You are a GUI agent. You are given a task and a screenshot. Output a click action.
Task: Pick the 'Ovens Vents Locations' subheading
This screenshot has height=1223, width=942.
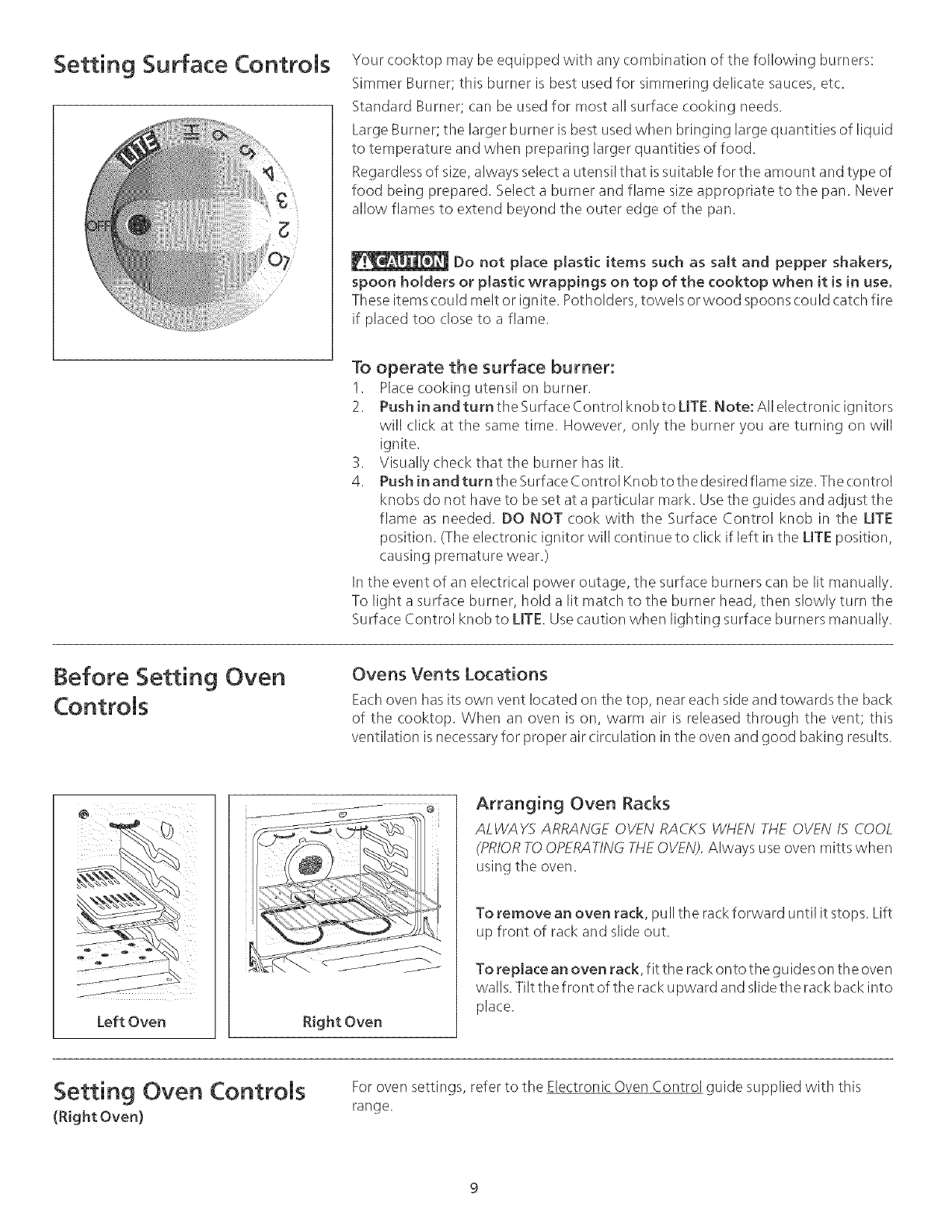450,673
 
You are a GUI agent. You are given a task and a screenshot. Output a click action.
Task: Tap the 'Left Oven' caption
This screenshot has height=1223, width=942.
134,1021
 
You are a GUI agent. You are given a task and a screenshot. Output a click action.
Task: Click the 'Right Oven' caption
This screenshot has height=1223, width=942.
343,1021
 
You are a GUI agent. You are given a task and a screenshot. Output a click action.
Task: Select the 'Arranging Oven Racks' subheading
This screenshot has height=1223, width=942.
572,803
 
